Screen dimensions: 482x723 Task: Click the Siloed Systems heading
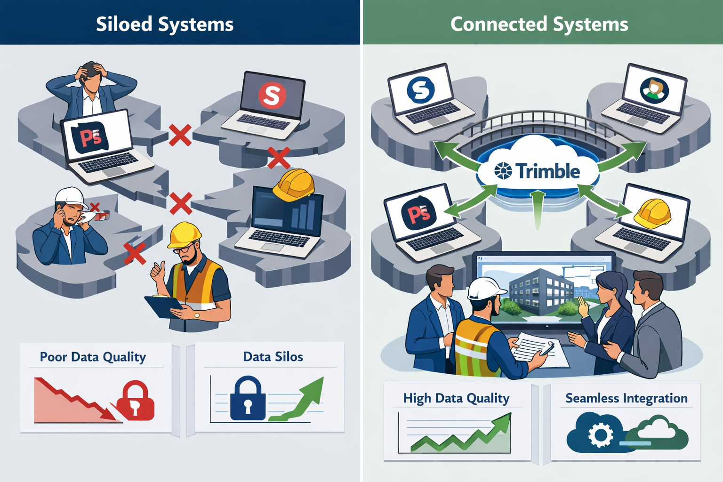(x=165, y=24)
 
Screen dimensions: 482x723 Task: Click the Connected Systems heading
(x=539, y=24)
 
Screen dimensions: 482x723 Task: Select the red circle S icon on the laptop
(x=272, y=96)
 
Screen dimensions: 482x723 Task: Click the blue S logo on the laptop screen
(x=420, y=89)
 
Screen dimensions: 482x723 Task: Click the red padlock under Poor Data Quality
(x=136, y=401)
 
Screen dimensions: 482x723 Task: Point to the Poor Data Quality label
(x=93, y=357)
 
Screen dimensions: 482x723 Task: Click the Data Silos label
(x=273, y=357)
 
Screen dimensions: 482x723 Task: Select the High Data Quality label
(x=456, y=398)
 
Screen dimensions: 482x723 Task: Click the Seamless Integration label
(x=626, y=398)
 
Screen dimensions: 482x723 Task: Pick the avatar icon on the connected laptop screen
(x=654, y=89)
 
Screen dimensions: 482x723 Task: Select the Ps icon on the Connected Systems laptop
(x=418, y=214)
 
